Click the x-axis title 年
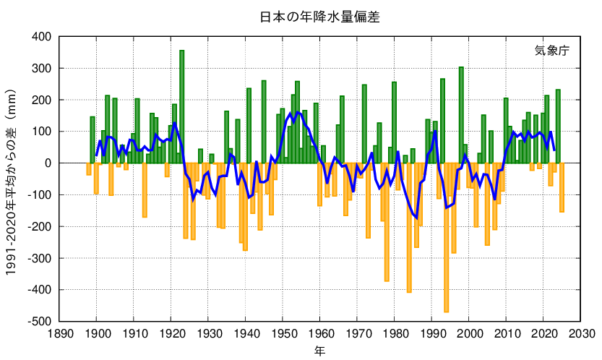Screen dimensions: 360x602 point(319,351)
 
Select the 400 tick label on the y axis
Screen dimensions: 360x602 point(40,36)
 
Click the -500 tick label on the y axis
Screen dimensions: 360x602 point(39,321)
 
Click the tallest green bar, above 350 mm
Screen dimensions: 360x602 point(182,106)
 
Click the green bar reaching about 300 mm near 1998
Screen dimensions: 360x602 point(461,114)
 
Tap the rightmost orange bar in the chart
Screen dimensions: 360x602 point(562,187)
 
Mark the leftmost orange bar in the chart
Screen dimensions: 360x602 point(89,168)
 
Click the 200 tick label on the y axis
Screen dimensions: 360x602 point(40,100)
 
